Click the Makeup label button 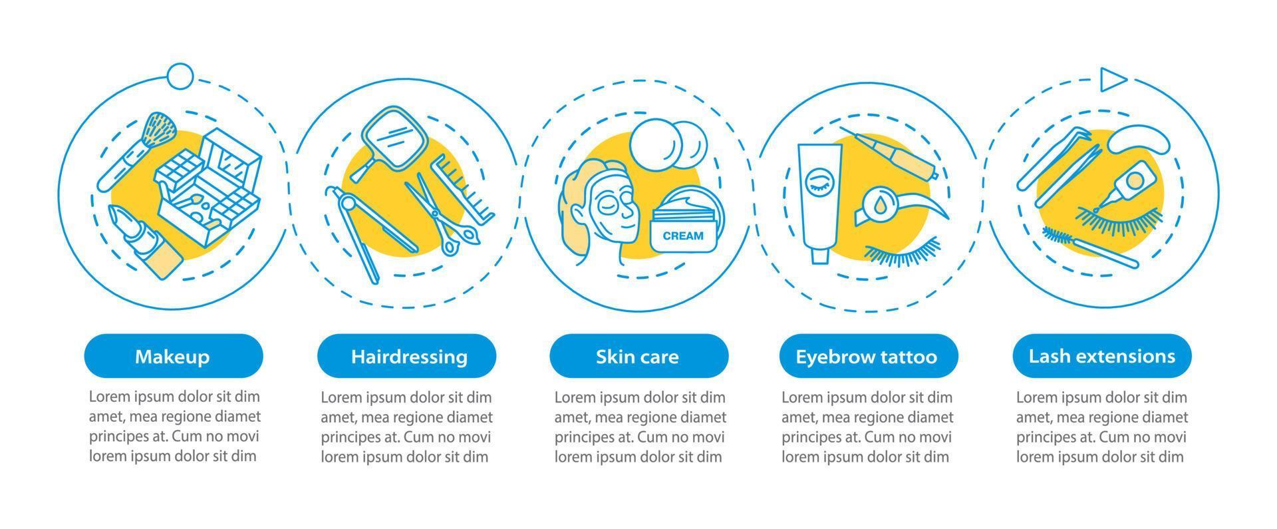pos(173,356)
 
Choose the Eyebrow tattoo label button pos(867,356)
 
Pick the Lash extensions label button pos(1101,356)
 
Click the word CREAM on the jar pos(683,236)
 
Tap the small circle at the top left pos(180,77)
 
